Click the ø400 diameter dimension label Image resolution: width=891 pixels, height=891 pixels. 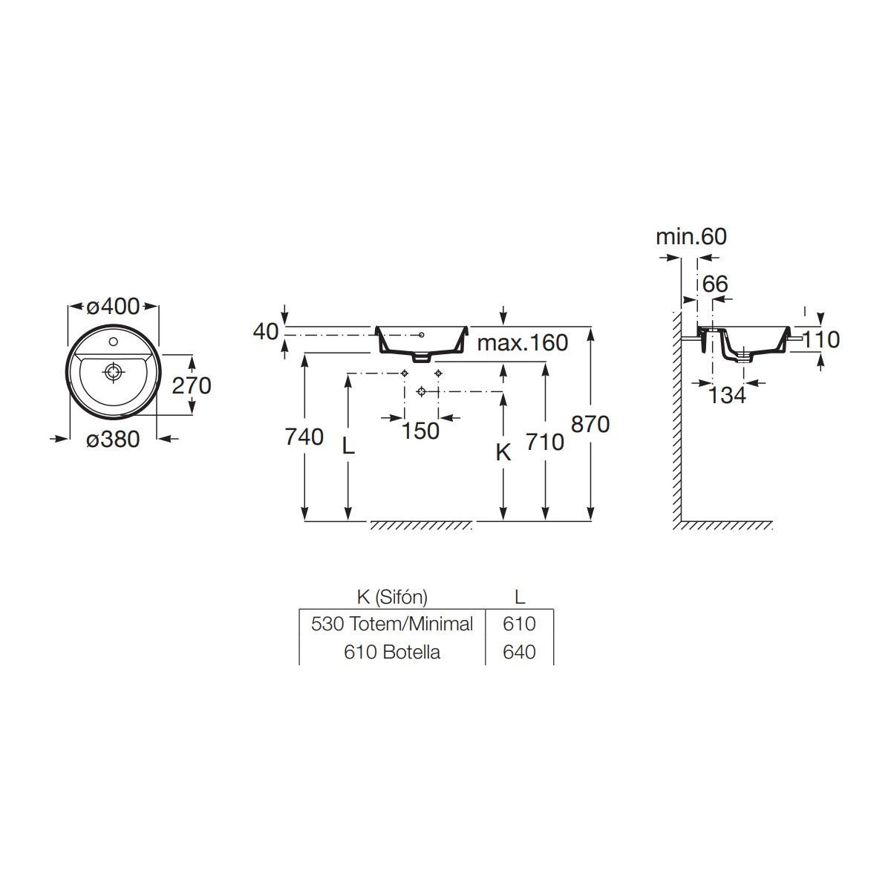pos(113,306)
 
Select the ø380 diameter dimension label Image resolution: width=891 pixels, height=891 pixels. pos(113,439)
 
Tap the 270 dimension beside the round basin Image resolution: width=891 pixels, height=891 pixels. pos(192,385)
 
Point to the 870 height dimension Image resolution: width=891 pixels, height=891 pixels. pos(590,424)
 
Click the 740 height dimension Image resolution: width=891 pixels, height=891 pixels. pos(304,437)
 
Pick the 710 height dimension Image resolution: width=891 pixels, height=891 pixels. pos(545,442)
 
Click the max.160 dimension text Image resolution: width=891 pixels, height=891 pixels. pos(523,342)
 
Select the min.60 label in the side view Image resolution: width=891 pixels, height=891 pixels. pos(691,237)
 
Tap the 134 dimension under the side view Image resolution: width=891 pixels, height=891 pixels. pos(728,395)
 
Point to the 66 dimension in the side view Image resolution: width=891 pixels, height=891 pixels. pos(715,284)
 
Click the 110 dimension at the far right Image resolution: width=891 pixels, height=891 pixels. pos(820,340)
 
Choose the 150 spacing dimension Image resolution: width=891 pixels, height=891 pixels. pos(420,431)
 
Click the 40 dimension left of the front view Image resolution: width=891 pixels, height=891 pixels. pos(266,331)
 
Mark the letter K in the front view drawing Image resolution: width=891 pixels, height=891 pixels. pos(503,453)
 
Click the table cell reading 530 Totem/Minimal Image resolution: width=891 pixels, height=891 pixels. pos(392,624)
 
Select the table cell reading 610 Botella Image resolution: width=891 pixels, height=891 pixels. pos(392,652)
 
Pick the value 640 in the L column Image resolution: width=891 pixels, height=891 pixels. pos(519,652)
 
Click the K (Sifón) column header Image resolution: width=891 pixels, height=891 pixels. pos(392,598)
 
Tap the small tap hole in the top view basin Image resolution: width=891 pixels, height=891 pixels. pos(114,342)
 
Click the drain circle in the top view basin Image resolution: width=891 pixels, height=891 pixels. pos(114,372)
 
